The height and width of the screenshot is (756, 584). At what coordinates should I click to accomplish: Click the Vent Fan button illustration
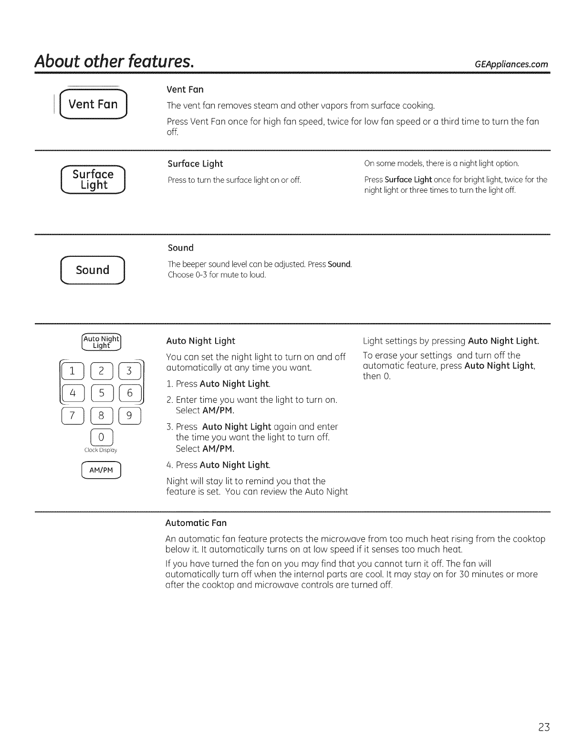(93, 104)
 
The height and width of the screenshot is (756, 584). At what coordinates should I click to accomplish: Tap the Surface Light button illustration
(93, 179)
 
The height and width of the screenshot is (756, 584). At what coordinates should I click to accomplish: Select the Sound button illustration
(93, 270)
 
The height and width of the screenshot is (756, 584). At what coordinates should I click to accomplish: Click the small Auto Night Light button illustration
(102, 342)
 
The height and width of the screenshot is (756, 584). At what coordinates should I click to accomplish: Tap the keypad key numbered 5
(102, 393)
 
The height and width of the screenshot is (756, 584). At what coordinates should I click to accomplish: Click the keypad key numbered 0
(101, 437)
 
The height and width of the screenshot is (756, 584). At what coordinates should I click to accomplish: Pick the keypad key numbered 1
(73, 370)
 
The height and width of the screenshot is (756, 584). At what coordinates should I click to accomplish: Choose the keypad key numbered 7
(73, 415)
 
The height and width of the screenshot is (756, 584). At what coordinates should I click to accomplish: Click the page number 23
(544, 727)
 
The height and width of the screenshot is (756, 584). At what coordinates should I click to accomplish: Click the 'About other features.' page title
(114, 62)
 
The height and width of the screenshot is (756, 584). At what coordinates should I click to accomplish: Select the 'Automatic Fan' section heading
(196, 523)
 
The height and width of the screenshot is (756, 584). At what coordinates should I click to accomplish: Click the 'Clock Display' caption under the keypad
(101, 450)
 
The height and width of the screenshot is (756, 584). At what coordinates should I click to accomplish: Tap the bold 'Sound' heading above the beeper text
(180, 248)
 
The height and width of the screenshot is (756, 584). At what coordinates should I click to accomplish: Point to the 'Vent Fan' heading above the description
(185, 89)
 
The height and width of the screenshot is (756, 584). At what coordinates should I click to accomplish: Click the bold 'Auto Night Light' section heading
(200, 341)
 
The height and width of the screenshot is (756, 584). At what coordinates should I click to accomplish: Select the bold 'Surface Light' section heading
(195, 164)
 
